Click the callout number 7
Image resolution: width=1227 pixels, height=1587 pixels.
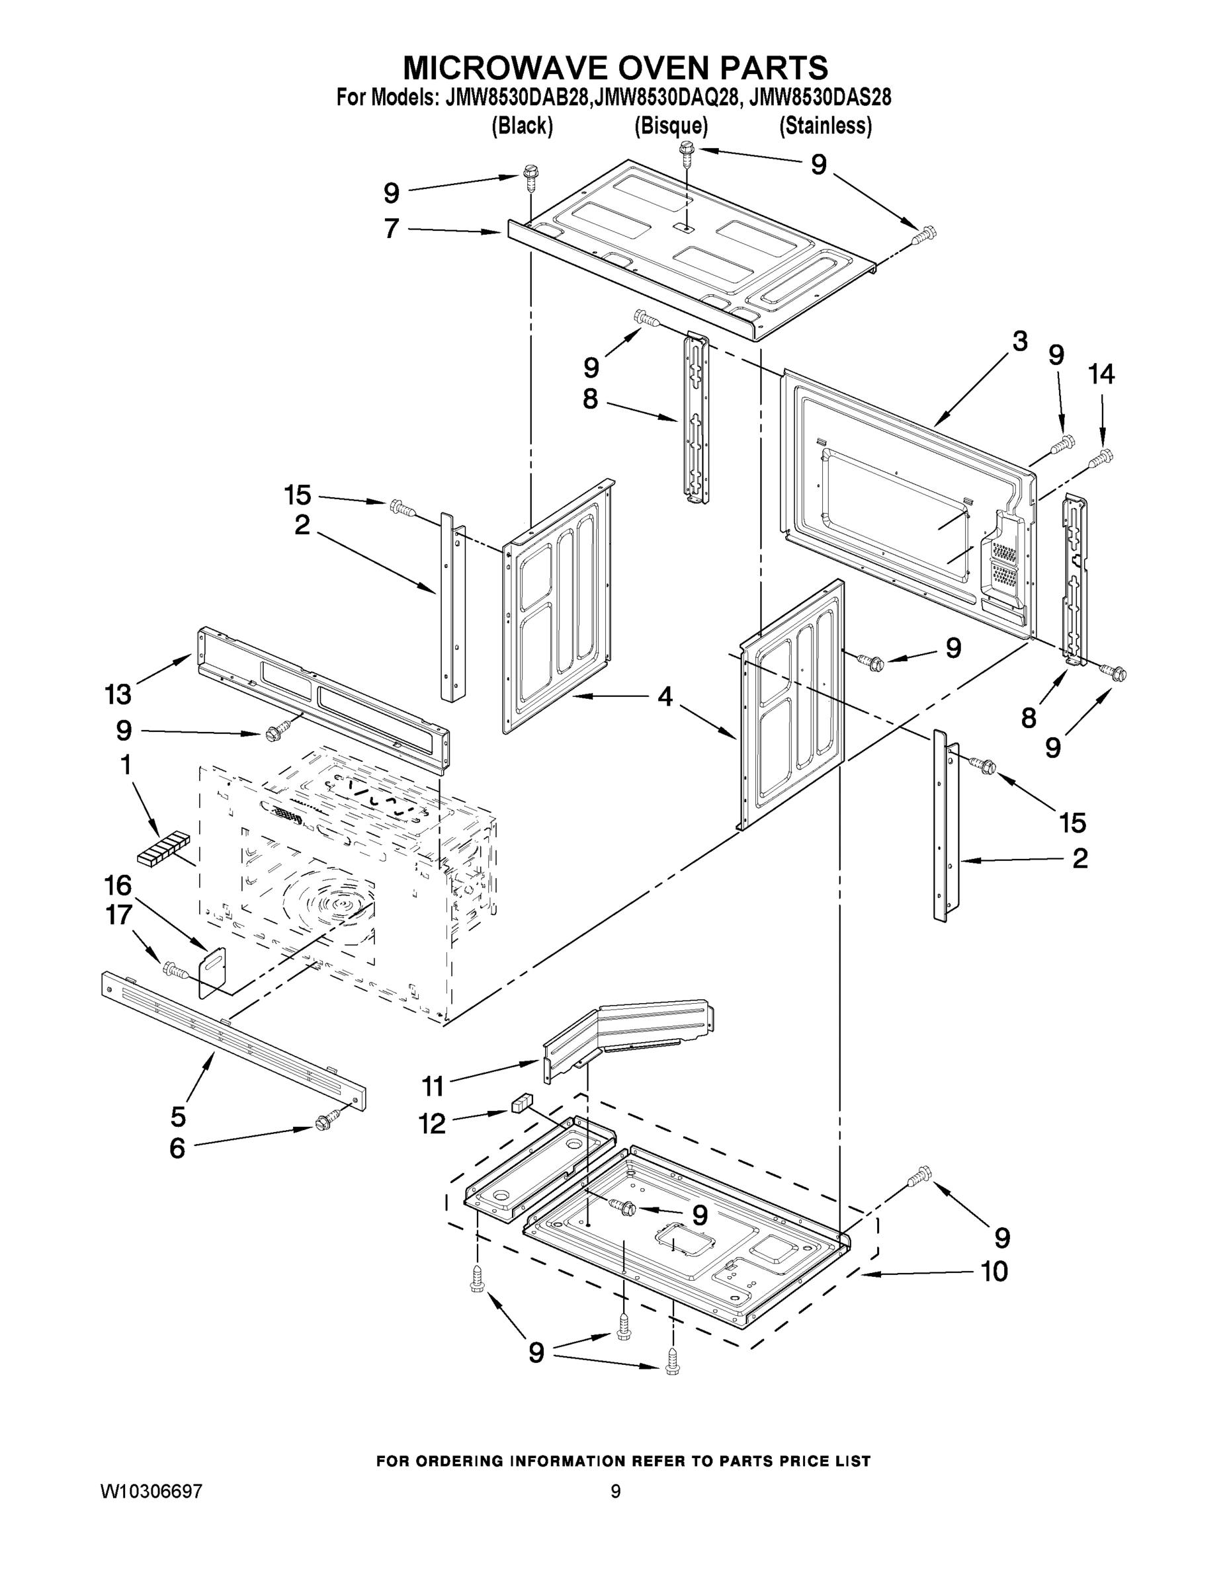pos(391,228)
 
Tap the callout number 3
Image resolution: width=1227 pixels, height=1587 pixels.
pos(1020,341)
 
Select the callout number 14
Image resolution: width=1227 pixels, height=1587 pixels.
pos(1101,374)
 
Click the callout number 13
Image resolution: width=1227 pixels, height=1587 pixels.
pos(118,695)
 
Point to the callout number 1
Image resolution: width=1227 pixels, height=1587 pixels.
pos(126,764)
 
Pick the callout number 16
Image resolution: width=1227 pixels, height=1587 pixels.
pos(118,886)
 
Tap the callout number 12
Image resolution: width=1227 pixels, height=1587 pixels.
pos(432,1123)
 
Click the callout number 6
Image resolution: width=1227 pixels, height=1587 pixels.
pos(177,1148)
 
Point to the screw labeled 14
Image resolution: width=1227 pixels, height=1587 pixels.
pos(1101,458)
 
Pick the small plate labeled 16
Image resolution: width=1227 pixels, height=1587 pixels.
pos(212,970)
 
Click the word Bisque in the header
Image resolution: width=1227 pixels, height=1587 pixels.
pos(671,126)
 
